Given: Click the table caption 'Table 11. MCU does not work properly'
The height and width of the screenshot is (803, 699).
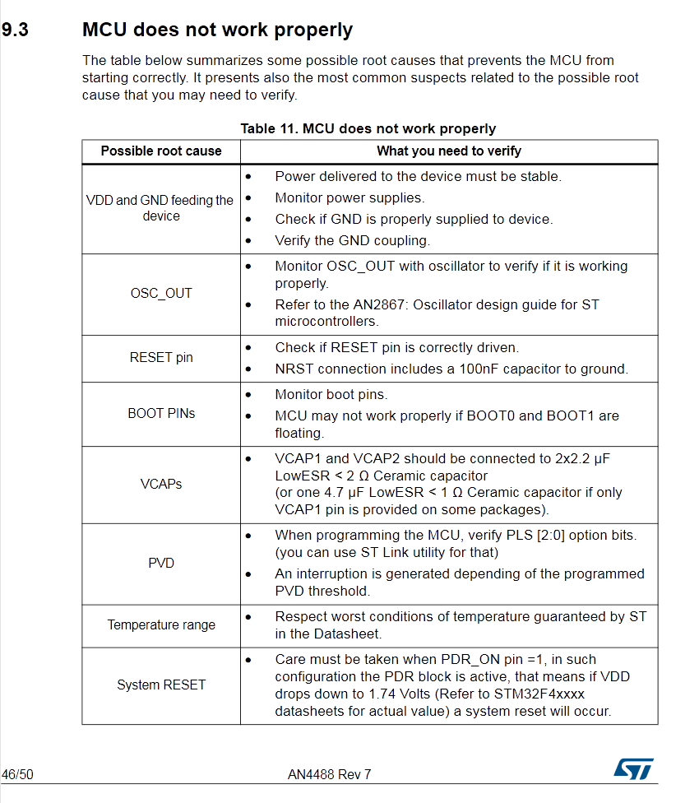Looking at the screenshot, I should point(368,128).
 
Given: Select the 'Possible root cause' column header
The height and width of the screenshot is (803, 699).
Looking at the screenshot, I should point(161,151).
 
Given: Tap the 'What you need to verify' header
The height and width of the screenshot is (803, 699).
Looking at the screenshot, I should point(449,151).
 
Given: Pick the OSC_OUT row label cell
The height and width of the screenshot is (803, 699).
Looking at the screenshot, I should point(161,294).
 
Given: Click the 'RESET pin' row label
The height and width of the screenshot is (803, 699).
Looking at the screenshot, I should point(161,358).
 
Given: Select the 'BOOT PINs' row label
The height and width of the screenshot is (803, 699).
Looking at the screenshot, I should point(161,414).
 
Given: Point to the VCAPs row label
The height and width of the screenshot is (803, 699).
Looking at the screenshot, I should point(161,484).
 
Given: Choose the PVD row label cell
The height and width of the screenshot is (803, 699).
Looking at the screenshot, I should point(161,564).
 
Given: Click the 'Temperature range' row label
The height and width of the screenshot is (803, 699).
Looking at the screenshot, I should point(161,625).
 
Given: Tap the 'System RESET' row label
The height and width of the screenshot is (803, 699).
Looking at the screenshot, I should point(161,685).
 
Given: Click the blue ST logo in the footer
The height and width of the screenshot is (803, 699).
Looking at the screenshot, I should point(633,769).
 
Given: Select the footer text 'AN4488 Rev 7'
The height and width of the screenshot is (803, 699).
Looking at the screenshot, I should point(329,774).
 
